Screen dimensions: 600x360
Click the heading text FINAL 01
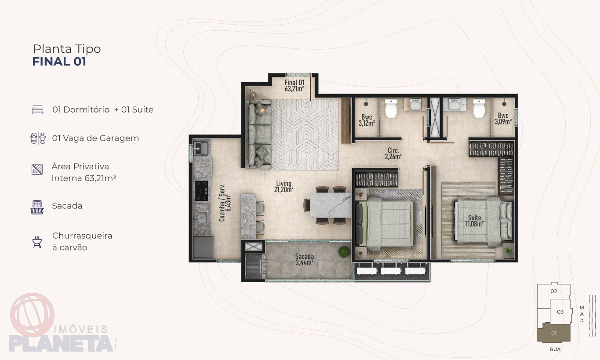click(x=59, y=62)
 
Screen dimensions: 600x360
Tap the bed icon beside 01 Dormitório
click(x=37, y=109)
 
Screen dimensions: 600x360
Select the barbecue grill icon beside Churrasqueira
click(x=37, y=242)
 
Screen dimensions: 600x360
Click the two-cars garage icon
click(x=38, y=138)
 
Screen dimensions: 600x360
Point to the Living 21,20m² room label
click(x=284, y=187)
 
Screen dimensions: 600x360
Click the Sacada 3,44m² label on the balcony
click(x=305, y=259)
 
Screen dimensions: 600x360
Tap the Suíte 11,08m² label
click(x=474, y=221)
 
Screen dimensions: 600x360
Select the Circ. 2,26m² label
click(x=393, y=153)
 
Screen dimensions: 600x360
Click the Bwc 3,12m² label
click(x=367, y=120)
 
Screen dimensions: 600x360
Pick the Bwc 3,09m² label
click(x=503, y=118)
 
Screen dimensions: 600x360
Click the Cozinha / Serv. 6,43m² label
click(x=225, y=203)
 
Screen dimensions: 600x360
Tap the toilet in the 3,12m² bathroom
click(x=391, y=109)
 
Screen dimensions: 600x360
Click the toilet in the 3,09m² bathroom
click(x=479, y=109)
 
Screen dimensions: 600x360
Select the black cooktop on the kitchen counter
click(x=201, y=191)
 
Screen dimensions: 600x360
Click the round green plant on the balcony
click(x=344, y=252)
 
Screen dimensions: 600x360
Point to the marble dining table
click(x=331, y=205)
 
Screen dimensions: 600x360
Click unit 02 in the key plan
click(x=554, y=291)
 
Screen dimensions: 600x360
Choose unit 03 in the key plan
click(x=560, y=312)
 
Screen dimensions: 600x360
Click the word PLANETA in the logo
click(x=61, y=343)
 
